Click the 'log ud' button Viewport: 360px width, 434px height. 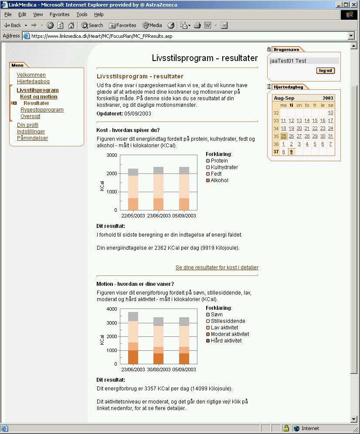(326, 71)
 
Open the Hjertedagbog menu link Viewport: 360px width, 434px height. (33, 81)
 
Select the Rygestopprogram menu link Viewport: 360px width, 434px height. (42, 110)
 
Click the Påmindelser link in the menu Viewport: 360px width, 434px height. (32, 138)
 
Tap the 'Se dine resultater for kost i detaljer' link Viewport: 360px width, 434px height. (217, 268)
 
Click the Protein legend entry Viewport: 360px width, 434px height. (219, 161)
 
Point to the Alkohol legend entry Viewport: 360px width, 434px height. (219, 180)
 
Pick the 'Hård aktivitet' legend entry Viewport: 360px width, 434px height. (226, 341)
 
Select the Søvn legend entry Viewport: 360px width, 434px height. (217, 315)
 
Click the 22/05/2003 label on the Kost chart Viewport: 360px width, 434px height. (133, 216)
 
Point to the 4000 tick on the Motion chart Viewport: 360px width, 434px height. (112, 309)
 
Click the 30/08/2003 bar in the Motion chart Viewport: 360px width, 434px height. (159, 340)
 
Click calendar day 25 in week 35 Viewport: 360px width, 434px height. (284, 136)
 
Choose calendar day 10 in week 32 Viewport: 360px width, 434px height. (330, 113)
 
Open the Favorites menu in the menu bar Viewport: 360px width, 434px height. (59, 14)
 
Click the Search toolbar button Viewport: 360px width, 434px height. (92, 25)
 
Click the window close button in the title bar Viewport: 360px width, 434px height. (354, 4)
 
